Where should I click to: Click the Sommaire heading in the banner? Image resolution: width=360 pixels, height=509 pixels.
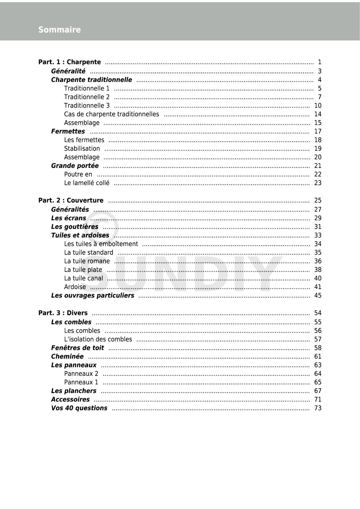59,30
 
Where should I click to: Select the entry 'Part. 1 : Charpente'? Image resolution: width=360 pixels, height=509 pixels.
70,62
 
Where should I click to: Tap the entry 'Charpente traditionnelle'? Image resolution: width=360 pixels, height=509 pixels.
91,80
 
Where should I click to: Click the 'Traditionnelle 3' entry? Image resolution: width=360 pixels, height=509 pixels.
87,105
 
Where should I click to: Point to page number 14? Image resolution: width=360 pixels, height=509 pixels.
318,114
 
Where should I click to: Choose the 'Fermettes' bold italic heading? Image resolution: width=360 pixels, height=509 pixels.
68,131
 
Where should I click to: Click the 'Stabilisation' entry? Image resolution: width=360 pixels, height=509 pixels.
82,149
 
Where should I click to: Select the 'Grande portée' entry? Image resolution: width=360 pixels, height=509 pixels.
75,166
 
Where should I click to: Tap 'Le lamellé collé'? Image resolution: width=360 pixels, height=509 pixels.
86,183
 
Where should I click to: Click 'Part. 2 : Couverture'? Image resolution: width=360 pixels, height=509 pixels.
71,201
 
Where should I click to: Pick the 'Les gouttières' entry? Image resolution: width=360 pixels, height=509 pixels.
75,227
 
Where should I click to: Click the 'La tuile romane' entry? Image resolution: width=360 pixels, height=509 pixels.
87,261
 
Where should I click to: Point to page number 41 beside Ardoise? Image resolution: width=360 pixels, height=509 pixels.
318,287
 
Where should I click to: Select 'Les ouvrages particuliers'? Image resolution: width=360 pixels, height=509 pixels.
92,295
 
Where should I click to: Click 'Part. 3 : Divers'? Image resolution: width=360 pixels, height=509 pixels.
63,313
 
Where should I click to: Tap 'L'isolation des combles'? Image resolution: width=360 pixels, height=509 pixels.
98,339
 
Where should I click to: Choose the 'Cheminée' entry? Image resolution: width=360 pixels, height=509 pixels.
67,357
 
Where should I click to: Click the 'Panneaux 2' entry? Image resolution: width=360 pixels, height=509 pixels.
81,374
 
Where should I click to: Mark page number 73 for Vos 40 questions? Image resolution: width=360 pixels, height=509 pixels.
318,408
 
